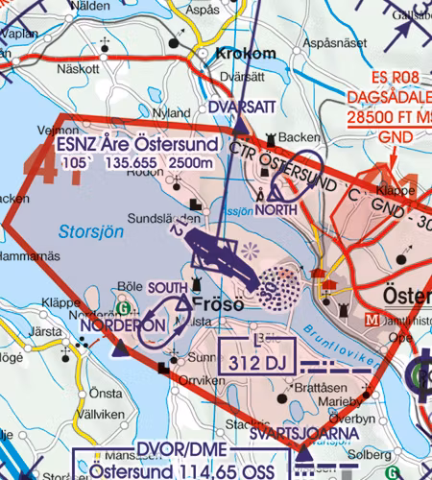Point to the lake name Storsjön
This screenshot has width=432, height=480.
85,231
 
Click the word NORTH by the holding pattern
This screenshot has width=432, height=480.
276,209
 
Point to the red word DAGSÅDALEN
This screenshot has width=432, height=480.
391,99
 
